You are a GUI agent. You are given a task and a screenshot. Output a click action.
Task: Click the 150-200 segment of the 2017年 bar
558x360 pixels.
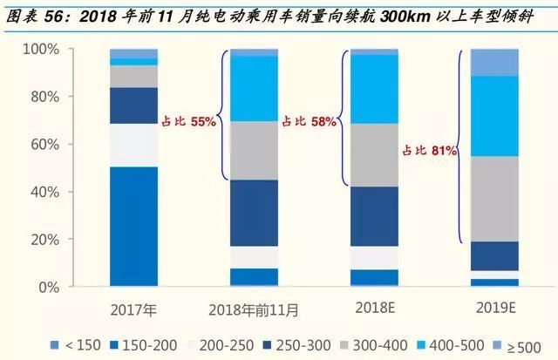(x=133, y=226)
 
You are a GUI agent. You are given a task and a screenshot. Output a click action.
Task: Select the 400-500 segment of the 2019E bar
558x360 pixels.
(x=494, y=116)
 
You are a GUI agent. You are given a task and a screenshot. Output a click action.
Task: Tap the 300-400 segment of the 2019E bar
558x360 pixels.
(x=494, y=199)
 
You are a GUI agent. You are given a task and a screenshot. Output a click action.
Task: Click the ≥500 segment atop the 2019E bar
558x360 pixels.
(x=494, y=63)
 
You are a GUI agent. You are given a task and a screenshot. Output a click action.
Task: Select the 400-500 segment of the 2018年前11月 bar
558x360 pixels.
(x=254, y=88)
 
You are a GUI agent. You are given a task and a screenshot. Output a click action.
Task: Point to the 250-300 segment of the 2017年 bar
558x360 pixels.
(x=133, y=105)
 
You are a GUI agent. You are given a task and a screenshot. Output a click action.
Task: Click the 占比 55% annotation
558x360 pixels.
(x=188, y=123)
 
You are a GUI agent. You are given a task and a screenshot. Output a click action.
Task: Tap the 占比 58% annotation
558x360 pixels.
(x=309, y=123)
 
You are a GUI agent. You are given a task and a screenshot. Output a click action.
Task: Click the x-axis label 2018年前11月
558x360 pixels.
(x=254, y=309)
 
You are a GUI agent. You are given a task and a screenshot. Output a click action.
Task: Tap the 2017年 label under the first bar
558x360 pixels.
(x=133, y=309)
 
